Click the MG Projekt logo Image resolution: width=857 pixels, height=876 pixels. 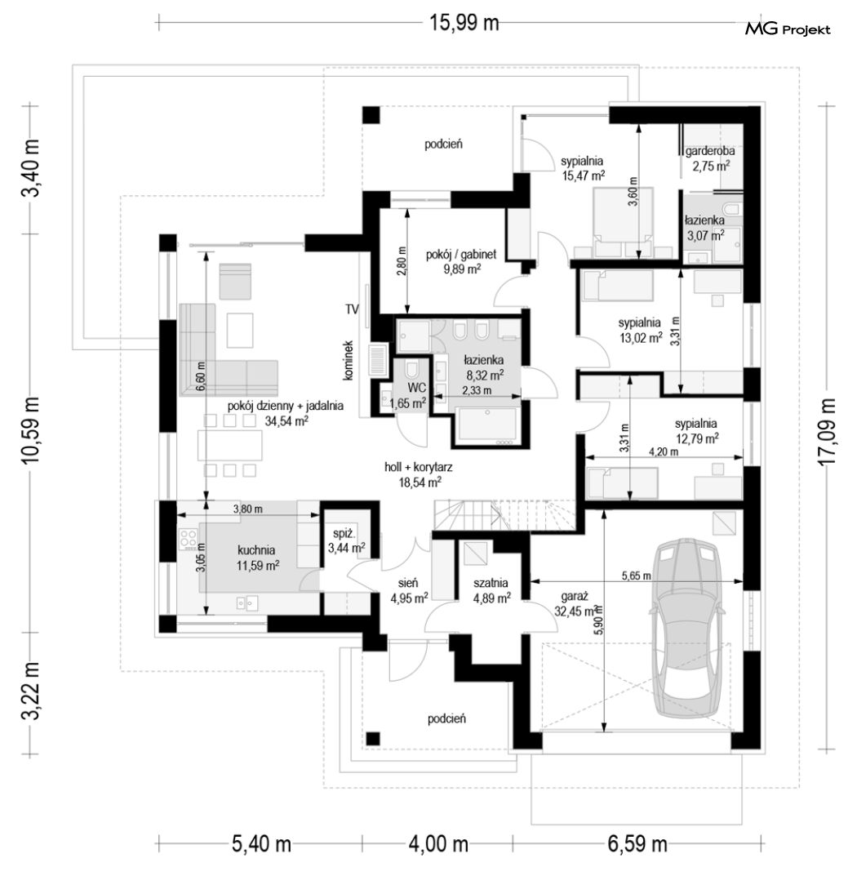point(788,29)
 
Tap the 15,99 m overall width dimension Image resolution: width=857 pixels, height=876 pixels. point(464,23)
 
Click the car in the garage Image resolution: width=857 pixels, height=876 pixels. point(688,627)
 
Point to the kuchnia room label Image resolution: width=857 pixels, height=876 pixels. point(255,549)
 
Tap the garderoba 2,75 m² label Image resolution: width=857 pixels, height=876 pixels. point(709,158)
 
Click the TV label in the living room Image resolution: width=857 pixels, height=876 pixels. point(352,309)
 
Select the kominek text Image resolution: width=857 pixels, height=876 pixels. point(348,361)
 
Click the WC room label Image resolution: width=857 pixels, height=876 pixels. point(417,388)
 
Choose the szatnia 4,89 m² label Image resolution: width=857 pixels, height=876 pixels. point(491,590)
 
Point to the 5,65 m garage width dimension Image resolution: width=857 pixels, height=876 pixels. point(636,576)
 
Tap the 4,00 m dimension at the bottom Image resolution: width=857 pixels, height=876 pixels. point(437,843)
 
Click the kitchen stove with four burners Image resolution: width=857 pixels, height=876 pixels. point(188,538)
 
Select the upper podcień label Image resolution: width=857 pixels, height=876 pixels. point(443,145)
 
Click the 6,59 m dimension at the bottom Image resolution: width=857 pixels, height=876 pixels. point(637,843)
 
